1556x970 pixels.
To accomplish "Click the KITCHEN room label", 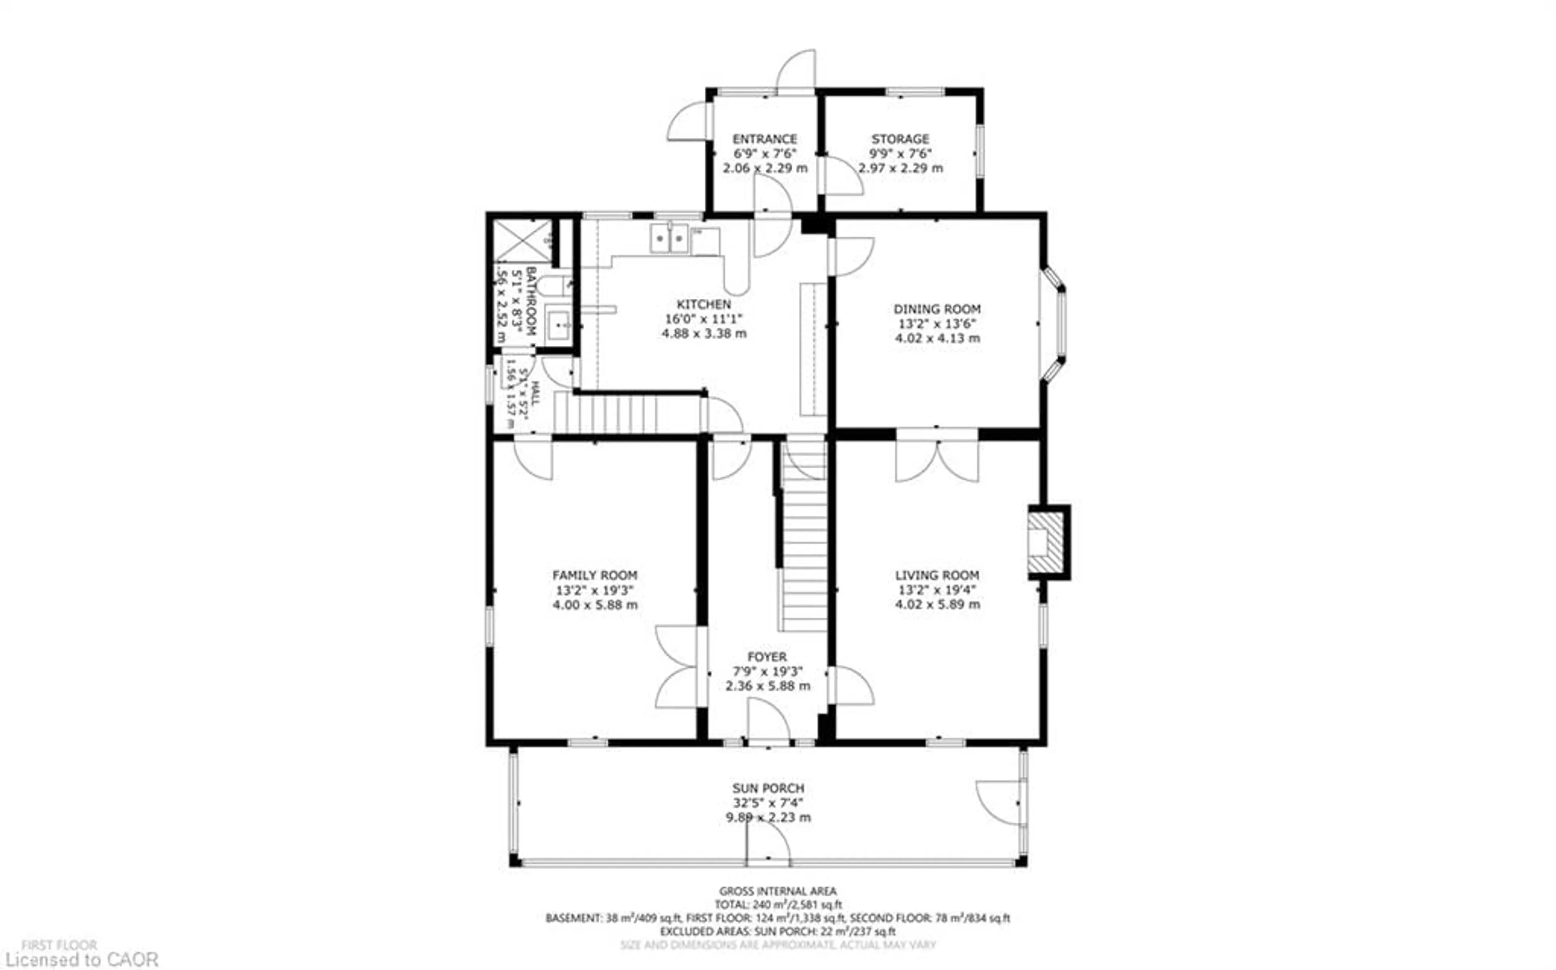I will coord(703,304).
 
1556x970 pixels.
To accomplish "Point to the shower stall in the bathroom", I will coord(522,241).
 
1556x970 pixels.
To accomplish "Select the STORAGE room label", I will coord(900,138).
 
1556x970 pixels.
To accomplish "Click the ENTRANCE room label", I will coord(765,138).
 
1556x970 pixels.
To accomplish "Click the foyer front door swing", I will coord(768,720).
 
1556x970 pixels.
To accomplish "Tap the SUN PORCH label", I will coord(768,788).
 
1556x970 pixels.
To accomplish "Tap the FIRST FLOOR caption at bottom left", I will coord(59,945).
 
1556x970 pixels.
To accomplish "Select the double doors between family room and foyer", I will coord(677,667).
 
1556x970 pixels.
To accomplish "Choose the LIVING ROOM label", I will coord(936,575).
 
